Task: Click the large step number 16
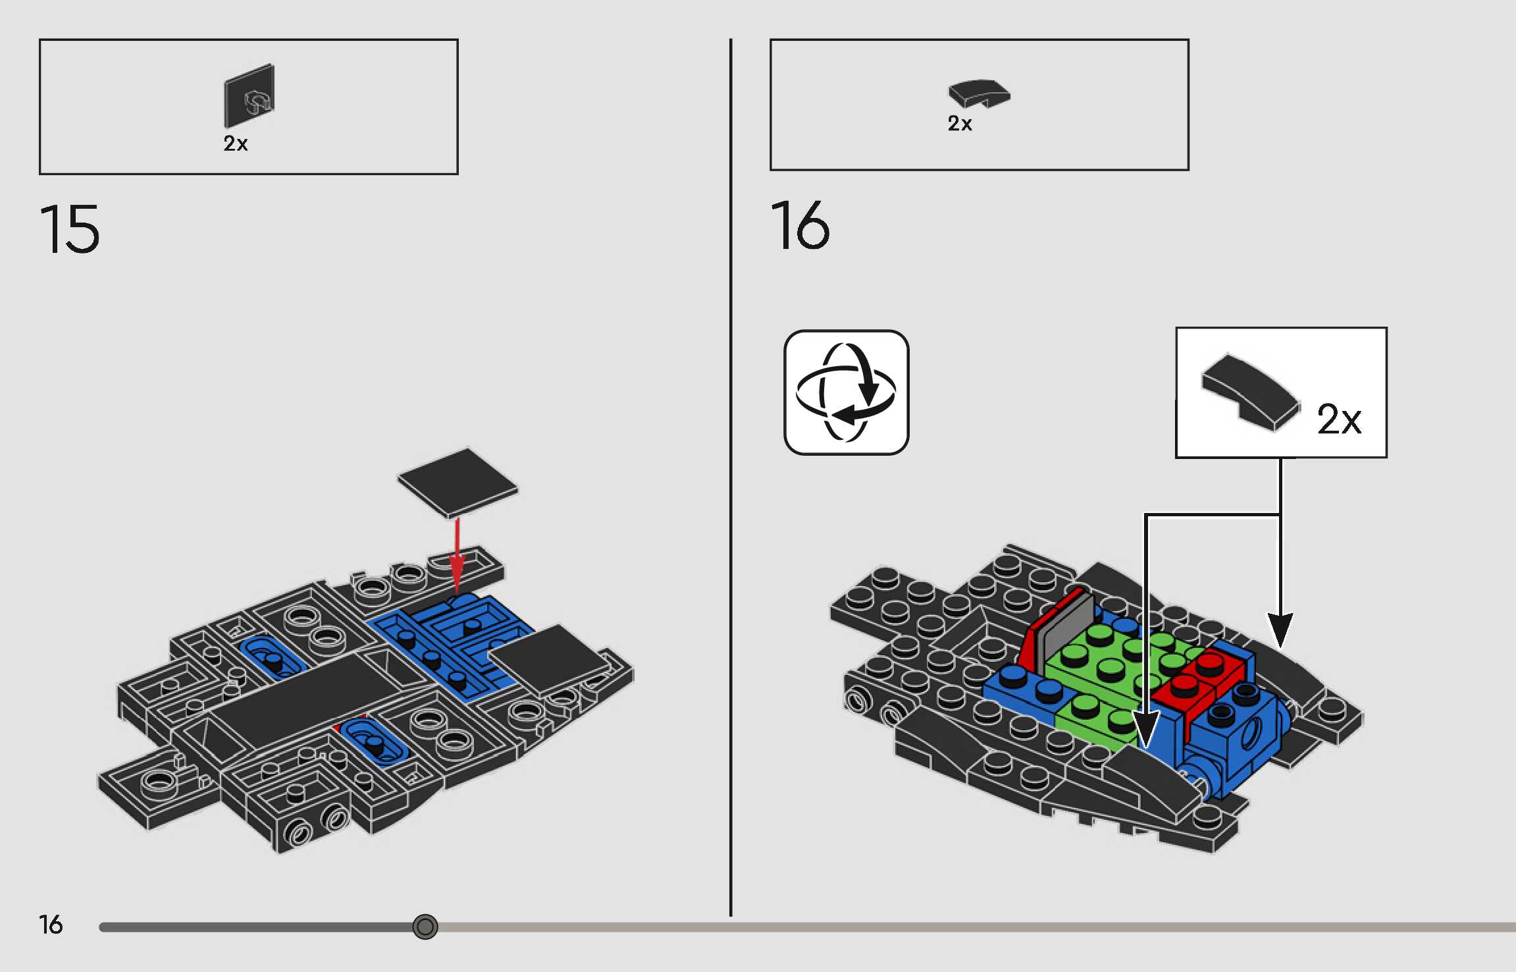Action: [x=800, y=225]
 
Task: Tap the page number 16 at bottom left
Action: [x=51, y=925]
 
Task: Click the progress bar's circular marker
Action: [x=425, y=927]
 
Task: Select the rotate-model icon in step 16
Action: [x=846, y=392]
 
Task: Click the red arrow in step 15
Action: [x=457, y=553]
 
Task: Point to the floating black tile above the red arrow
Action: [x=457, y=482]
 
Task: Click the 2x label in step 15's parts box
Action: [x=235, y=144]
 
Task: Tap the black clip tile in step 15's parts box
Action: [x=249, y=95]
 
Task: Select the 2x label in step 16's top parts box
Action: [x=959, y=124]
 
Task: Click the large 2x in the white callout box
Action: [x=1338, y=419]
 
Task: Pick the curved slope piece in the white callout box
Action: [x=1250, y=392]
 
